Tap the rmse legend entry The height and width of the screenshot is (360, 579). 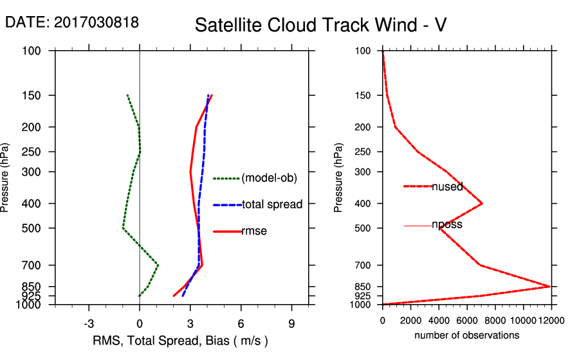254,231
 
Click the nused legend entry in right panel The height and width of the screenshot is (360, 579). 447,186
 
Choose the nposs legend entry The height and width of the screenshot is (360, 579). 447,225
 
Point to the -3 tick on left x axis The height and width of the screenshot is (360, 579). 89,324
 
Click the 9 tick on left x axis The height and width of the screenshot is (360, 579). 291,324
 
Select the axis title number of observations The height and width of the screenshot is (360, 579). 466,335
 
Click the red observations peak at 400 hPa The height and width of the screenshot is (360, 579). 482,203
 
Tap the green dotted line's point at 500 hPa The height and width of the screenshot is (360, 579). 123,228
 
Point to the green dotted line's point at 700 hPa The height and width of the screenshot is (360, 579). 158,265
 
